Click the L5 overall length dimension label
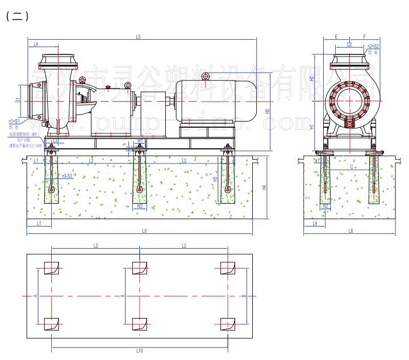tap(138, 37)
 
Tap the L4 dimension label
tap(35, 44)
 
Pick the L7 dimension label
tap(39, 224)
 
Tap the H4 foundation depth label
tap(264, 187)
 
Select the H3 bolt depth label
tap(215, 179)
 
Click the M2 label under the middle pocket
tap(140, 206)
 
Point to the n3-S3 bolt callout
tap(66, 176)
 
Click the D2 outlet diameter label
tap(349, 44)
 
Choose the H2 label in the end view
tap(312, 78)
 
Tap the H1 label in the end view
tap(312, 127)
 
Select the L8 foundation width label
tap(350, 231)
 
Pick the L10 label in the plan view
tap(140, 351)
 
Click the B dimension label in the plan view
tap(243, 295)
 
